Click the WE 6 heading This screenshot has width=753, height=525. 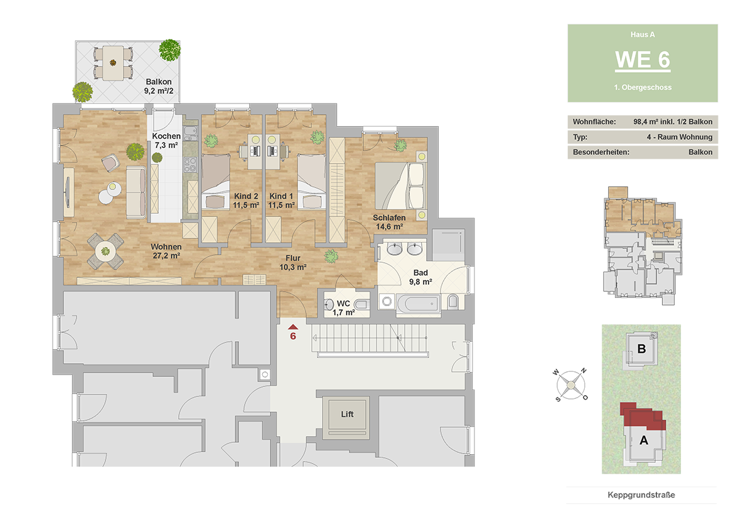[x=643, y=60]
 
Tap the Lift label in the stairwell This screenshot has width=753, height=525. [x=347, y=414]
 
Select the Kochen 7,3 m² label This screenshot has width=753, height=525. [x=166, y=141]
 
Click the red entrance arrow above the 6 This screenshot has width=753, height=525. [x=293, y=327]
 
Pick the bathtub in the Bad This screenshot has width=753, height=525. [x=419, y=304]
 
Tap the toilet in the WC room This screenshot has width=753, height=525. [x=361, y=304]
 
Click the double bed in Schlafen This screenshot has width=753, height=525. [x=400, y=186]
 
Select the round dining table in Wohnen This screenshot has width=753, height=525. [x=105, y=251]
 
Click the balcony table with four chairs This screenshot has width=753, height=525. [x=113, y=63]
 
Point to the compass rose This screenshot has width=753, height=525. [x=571, y=385]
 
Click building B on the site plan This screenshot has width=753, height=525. [x=641, y=349]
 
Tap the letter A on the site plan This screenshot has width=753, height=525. [x=644, y=440]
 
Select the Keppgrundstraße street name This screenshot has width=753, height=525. [x=641, y=495]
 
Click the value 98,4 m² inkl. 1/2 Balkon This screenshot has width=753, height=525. [x=673, y=122]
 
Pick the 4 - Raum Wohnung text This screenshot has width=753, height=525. [x=680, y=137]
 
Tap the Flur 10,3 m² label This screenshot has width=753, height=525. [x=293, y=262]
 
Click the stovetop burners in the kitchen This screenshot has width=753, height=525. [x=190, y=165]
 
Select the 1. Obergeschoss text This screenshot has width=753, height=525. [x=643, y=87]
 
